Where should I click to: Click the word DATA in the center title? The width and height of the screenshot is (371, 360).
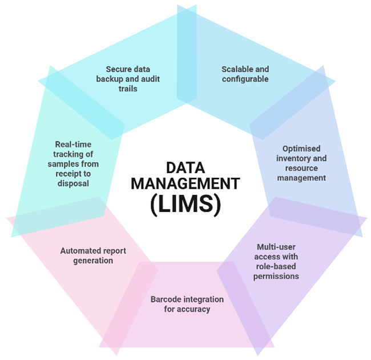[185, 167]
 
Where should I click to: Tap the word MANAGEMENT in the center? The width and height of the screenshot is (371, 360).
[185, 183]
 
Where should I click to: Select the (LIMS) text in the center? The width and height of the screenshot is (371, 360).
[185, 203]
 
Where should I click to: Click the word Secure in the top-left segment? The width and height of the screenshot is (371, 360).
[116, 69]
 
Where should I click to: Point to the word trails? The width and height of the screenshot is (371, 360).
[128, 89]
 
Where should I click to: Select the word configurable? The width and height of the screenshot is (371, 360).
[245, 79]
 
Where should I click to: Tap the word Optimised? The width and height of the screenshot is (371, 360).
[301, 149]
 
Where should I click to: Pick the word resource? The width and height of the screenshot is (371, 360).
[301, 168]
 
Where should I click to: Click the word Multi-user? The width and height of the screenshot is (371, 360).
[276, 247]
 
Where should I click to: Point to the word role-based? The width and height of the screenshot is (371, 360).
[276, 266]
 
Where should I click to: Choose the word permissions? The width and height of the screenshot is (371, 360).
[276, 277]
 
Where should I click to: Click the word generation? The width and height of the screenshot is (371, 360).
[93, 261]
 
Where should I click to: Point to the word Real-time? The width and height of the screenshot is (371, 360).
[73, 144]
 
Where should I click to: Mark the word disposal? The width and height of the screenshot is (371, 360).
[73, 183]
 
